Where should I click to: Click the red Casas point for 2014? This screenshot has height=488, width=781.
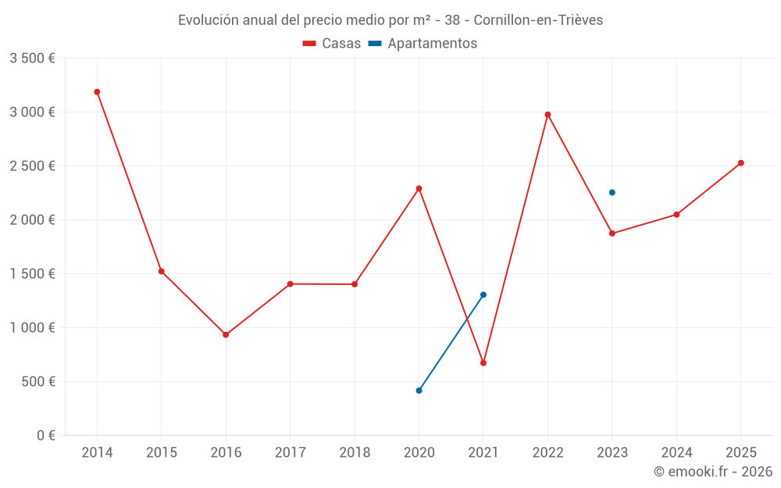point(97,92)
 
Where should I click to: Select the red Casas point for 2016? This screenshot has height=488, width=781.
point(226,335)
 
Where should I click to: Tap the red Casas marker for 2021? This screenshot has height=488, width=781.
point(483,363)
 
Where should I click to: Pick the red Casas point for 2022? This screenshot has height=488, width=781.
point(547,115)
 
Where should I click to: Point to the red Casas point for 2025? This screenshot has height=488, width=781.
point(741,163)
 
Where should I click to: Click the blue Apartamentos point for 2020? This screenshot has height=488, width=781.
point(419,390)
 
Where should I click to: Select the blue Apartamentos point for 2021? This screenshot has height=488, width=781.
point(483,295)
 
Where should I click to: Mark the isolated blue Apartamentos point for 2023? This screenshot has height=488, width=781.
point(612,193)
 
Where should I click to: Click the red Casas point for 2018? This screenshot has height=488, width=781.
point(355,284)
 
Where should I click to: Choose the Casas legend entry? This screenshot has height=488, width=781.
point(332,44)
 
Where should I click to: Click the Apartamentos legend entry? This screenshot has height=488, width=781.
point(423,44)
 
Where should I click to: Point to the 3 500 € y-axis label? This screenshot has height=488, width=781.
point(32,59)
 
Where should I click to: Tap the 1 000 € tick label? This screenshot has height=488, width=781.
point(32,328)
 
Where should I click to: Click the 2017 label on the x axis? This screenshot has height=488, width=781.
point(290,453)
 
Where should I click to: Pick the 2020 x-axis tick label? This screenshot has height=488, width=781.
point(419,453)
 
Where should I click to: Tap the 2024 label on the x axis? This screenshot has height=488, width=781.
point(676,453)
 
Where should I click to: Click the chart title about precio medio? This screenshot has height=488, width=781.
point(390,20)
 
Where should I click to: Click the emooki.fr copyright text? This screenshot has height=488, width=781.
point(713,472)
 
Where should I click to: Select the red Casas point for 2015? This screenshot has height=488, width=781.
point(161,272)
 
